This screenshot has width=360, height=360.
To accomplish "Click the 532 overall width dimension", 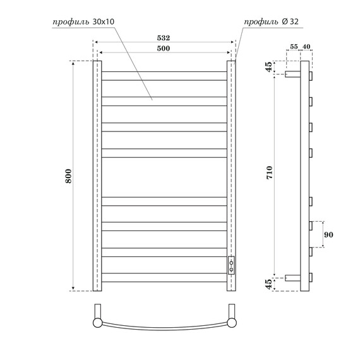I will [164, 38].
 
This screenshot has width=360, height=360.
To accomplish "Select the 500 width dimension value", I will [164, 47].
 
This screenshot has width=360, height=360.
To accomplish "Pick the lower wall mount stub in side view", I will [293, 277].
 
